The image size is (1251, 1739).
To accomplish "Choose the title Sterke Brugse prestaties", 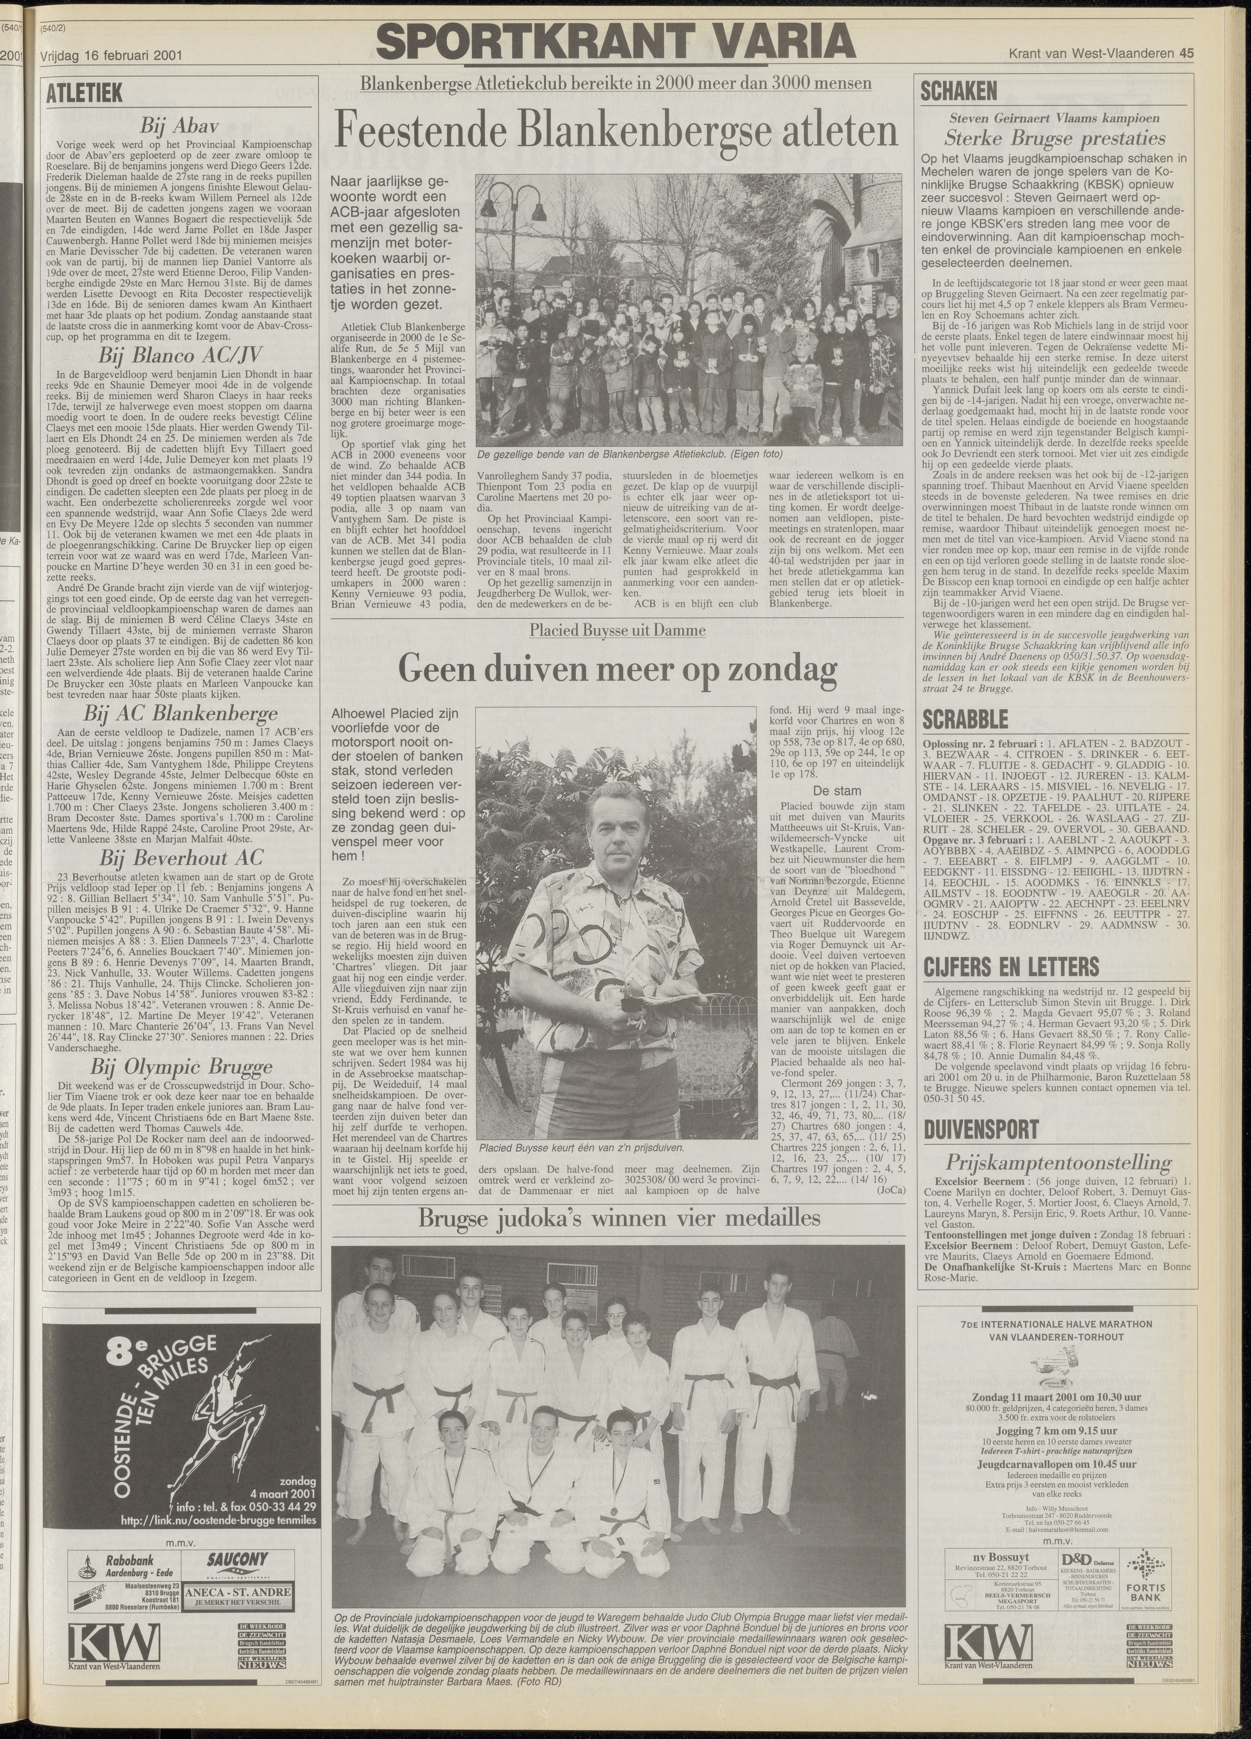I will click(x=1055, y=139).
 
